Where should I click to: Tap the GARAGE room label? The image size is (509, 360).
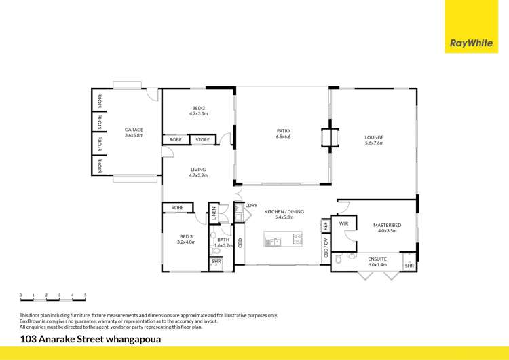click(x=134, y=129)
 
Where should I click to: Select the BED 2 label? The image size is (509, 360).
click(x=198, y=109)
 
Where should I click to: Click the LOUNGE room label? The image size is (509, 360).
click(x=374, y=137)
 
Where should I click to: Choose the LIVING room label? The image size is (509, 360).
click(x=198, y=170)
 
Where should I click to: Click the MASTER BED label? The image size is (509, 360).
click(x=387, y=226)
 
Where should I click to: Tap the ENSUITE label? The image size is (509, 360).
click(x=377, y=259)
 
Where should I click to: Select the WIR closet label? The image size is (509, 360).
click(x=343, y=222)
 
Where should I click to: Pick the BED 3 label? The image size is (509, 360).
click(x=186, y=237)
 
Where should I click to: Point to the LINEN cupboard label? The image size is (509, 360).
click(x=213, y=213)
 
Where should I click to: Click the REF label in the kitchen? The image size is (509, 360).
click(x=325, y=226)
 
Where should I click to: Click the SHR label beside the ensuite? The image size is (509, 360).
click(x=409, y=266)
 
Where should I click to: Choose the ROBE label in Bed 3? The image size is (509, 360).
click(x=177, y=207)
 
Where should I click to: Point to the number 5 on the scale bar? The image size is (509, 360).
click(x=85, y=295)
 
